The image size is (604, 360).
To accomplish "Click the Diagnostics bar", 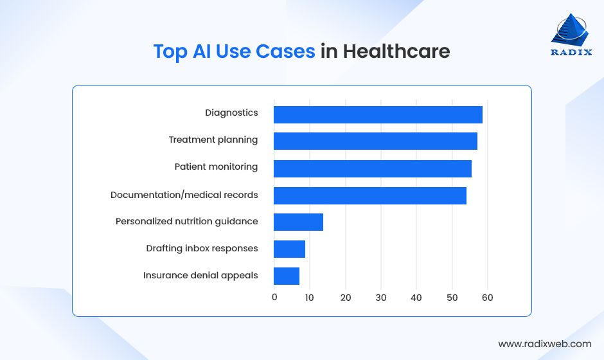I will [378, 114].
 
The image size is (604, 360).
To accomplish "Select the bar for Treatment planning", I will [375, 141].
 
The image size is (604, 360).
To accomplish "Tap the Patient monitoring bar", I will [373, 168].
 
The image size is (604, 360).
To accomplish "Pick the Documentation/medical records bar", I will [370, 195].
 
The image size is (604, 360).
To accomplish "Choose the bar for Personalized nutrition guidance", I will [298, 222].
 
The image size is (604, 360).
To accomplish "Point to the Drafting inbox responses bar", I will [289, 249].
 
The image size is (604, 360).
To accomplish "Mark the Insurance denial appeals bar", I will [287, 276].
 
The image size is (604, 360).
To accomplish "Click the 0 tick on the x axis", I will [274, 298].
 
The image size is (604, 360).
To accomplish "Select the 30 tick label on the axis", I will [381, 298].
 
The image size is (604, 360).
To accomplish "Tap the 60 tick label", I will [487, 298].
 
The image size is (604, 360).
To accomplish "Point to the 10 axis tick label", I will [310, 298].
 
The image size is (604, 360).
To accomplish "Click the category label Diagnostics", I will [231, 113].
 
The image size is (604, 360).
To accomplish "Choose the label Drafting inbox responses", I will [202, 248].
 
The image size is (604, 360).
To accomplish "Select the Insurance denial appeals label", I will [200, 276].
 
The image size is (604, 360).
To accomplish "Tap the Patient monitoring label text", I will [216, 167].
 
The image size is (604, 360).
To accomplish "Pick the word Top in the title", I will [170, 51].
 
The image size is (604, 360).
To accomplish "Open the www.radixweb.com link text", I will [544, 344].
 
